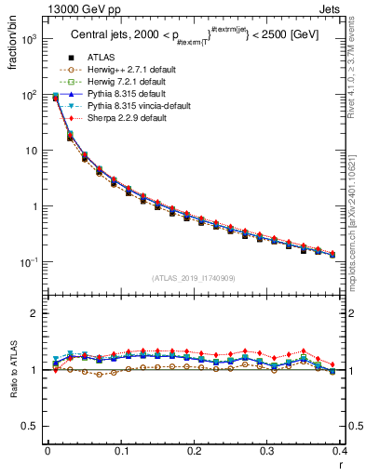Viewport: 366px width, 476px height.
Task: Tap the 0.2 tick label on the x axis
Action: [194, 451]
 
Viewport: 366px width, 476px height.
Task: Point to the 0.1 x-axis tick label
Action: [121, 451]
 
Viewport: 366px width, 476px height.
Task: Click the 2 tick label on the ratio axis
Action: [35, 314]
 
